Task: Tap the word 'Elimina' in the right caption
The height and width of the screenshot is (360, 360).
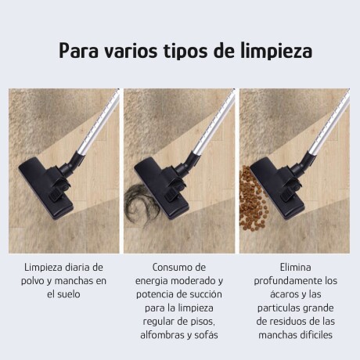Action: click(x=297, y=267)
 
